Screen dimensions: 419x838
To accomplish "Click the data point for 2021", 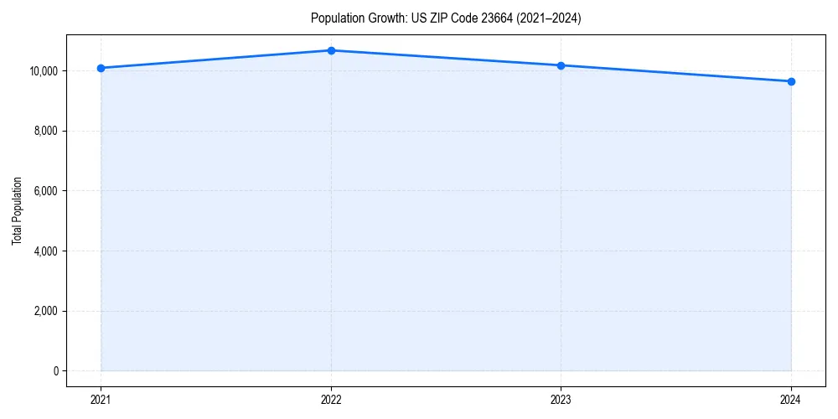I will (101, 68).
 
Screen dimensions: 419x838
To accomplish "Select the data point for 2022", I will (331, 50).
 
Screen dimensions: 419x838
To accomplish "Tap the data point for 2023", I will (561, 65).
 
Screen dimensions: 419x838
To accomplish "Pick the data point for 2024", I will (791, 81).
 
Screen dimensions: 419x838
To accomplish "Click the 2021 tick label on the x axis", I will (101, 399).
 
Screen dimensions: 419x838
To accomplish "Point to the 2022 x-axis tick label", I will (331, 399).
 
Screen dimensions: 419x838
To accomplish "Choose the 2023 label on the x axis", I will (561, 399).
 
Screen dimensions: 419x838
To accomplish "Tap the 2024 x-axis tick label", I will (791, 399).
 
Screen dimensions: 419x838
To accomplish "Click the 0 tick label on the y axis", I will (55, 371).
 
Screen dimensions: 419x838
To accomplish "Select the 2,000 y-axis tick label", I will (46, 311).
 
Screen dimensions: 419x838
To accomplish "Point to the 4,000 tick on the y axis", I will (46, 251).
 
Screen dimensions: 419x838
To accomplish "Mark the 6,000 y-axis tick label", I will (46, 191).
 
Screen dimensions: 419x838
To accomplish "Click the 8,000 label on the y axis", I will (46, 131).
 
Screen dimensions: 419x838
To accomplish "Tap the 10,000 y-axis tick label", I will (44, 71).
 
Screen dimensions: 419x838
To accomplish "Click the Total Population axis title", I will (18, 210).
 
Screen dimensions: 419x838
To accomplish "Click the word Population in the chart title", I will (333, 18).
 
